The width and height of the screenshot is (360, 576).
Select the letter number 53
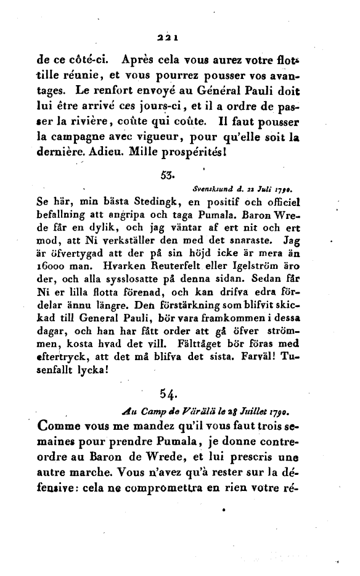[166, 175]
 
